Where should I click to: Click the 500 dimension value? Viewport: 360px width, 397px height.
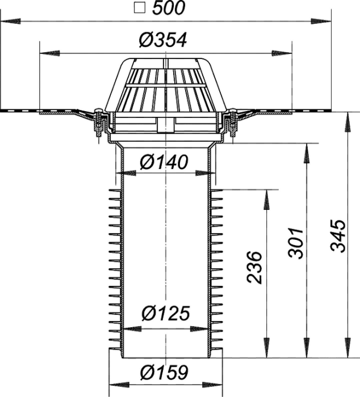(169, 8)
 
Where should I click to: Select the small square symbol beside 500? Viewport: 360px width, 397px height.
(140, 7)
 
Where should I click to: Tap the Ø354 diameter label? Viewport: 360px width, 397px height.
(163, 40)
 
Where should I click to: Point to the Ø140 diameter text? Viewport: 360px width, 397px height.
(164, 162)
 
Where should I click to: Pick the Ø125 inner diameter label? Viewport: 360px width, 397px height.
(166, 313)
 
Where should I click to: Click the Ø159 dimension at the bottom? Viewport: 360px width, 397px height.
(165, 372)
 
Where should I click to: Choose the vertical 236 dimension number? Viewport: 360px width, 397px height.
(254, 267)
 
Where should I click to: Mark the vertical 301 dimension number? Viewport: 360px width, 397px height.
(296, 243)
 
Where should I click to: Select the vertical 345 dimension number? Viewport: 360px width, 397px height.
(338, 236)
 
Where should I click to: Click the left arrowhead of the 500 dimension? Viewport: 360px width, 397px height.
(10, 22)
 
